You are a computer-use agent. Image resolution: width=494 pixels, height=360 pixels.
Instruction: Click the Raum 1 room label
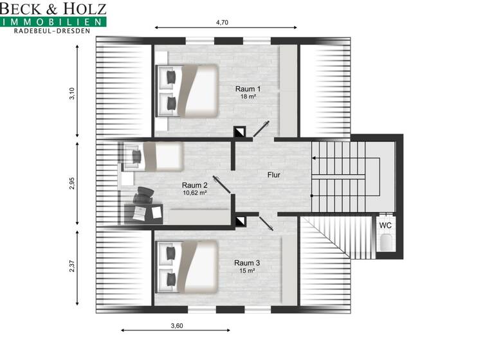click(x=248, y=89)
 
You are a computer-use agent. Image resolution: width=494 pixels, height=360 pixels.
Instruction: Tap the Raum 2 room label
click(x=194, y=184)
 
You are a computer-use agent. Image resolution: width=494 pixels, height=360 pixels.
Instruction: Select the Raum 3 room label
click(x=247, y=263)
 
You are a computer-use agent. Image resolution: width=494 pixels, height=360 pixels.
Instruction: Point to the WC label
click(x=385, y=226)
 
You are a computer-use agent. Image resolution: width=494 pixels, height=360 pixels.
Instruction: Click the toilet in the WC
click(x=386, y=243)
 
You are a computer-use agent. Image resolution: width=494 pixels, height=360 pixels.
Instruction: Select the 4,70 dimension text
click(x=223, y=22)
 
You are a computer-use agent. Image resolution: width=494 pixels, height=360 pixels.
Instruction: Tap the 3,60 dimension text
click(x=177, y=325)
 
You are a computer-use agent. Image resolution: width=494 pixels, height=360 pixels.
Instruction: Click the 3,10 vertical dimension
click(x=73, y=94)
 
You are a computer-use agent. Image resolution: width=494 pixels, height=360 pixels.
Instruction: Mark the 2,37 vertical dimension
click(x=73, y=265)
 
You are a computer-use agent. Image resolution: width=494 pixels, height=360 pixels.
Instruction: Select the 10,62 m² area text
click(x=194, y=192)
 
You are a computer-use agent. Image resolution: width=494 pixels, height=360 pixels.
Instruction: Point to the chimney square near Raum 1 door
click(x=239, y=132)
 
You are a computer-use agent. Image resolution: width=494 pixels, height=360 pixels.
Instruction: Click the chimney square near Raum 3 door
click(x=239, y=222)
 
